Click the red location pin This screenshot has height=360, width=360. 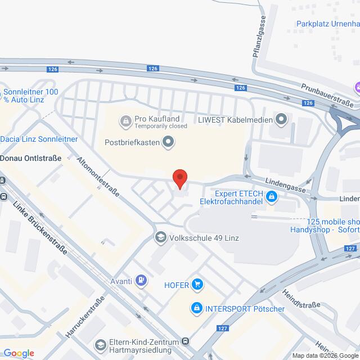click(180, 178)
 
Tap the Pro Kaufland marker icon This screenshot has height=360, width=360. click(125, 120)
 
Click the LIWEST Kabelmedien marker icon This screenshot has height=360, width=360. click(282, 119)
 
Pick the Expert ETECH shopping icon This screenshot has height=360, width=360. click(272, 196)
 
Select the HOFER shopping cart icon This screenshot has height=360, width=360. click(197, 284)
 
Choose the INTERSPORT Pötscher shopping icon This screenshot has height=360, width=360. click(197, 308)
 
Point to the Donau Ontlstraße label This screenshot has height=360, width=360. click(30, 159)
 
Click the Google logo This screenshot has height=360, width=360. click(17, 353)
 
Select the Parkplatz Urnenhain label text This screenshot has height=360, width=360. click(328, 24)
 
